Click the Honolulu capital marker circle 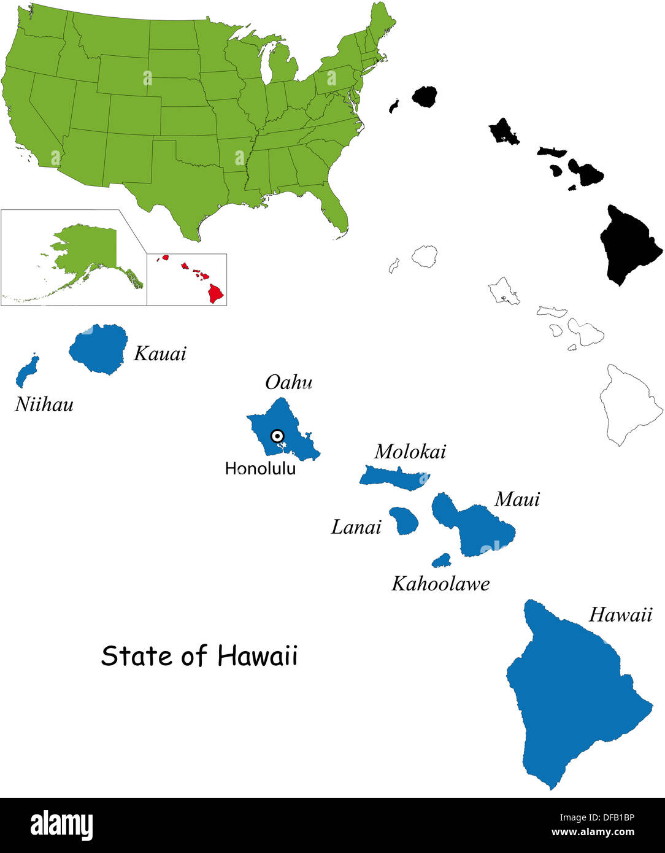coord(277,436)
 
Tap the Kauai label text coord(160,353)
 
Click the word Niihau coord(44,404)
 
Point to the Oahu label coord(288,382)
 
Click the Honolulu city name coord(260,468)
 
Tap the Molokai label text coord(410,452)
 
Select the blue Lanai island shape coord(404,520)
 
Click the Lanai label coord(356,527)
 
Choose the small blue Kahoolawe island coord(442,560)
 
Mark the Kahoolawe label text coord(440,584)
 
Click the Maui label coord(517,500)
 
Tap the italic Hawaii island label coord(620,615)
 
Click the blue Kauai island coord(98,349)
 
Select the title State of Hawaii coord(199,655)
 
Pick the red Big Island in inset coord(216,293)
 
